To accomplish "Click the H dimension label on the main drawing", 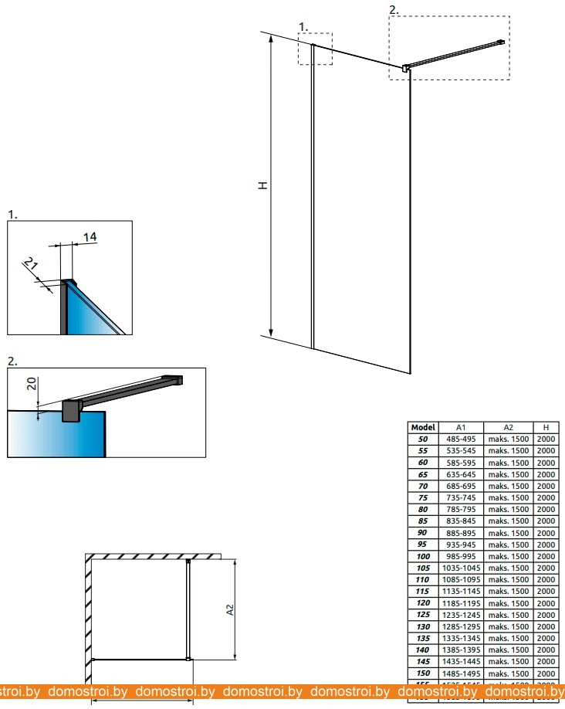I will click(263, 185).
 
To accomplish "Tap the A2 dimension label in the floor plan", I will click(229, 610).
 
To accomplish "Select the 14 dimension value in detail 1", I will click(90, 237).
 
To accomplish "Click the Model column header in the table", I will click(423, 427).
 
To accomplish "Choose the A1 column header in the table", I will click(462, 427).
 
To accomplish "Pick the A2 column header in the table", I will click(509, 427).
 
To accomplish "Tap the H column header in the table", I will click(546, 427).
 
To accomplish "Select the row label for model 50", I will click(423, 439).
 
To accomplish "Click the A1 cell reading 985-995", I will click(462, 556).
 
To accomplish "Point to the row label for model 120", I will click(423, 602).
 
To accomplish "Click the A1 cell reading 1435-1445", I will click(462, 661).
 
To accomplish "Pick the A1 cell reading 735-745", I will click(462, 497).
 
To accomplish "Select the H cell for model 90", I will click(546, 533).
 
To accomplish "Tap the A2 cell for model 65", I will click(509, 474).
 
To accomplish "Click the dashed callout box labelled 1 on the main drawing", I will click(315, 48).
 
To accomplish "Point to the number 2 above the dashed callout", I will click(394, 9).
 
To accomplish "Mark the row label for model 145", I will click(423, 661).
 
